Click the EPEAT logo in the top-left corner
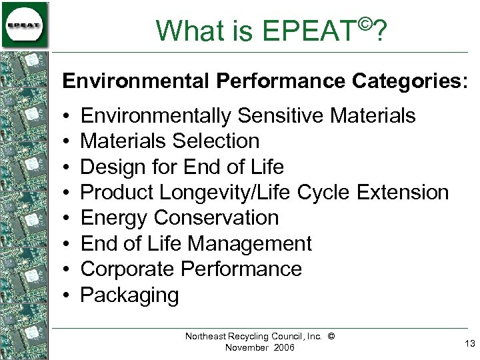pyautogui.click(x=25, y=25)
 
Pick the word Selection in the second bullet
pyautogui.click(x=216, y=141)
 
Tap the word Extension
pyautogui.click(x=403, y=193)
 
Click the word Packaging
pyautogui.click(x=129, y=295)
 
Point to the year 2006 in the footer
pyautogui.click(x=282, y=348)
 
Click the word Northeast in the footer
pyautogui.click(x=207, y=337)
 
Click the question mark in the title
pyautogui.click(x=381, y=31)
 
